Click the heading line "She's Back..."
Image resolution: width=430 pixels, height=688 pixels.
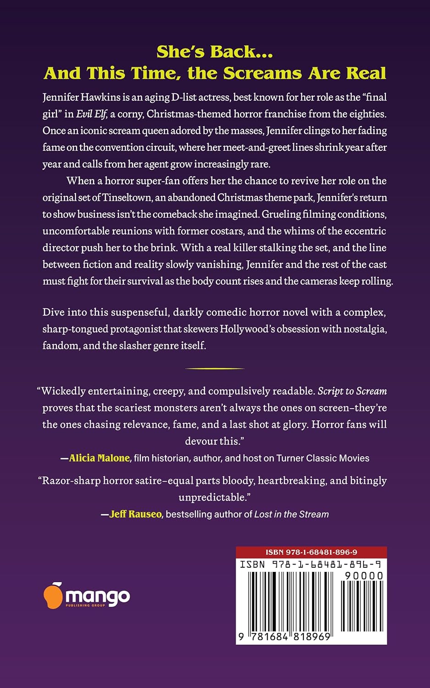[x=215, y=52]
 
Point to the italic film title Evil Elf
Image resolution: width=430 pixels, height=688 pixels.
[x=91, y=114]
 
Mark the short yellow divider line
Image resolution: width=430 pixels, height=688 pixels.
[x=215, y=368]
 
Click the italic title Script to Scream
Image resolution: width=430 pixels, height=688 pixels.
[x=352, y=391]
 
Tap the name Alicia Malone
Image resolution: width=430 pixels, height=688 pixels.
[x=99, y=458]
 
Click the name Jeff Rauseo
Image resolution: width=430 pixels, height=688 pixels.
[x=136, y=514]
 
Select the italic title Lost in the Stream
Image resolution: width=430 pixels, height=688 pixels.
[x=292, y=514]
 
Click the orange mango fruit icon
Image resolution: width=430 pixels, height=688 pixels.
[x=53, y=596]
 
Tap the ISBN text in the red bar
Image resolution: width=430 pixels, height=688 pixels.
[x=311, y=552]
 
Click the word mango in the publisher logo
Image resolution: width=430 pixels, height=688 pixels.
[x=98, y=596]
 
